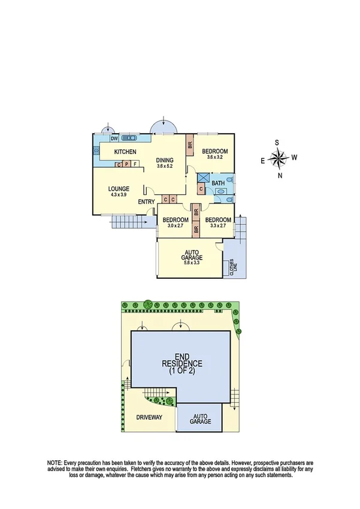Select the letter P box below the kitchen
click(x=127, y=164)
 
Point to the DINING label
click(x=165, y=160)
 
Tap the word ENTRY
click(x=146, y=202)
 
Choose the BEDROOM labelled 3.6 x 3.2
click(x=213, y=157)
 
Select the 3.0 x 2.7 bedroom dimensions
click(x=176, y=227)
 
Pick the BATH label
click(x=217, y=183)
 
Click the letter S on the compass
click(x=278, y=143)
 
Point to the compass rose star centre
click(x=278, y=158)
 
